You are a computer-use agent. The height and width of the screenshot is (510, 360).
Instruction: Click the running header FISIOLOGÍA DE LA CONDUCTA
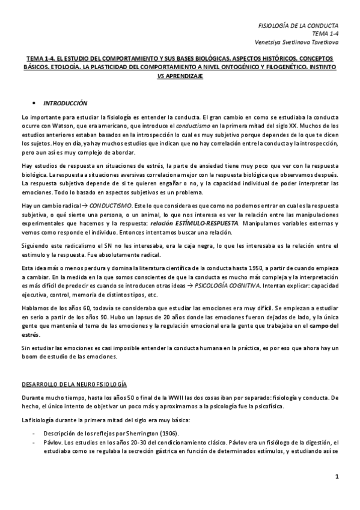298,26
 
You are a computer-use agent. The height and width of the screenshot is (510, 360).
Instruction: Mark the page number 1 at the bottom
337,478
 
